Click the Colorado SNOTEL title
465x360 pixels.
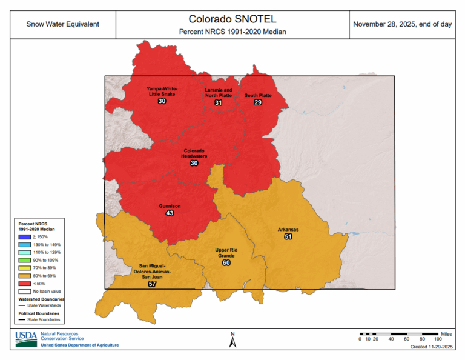pos(232,19)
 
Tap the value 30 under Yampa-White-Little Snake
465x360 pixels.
pos(162,101)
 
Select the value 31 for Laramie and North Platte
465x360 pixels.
pos(218,103)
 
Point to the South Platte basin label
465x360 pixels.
pos(258,96)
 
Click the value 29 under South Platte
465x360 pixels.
pos(258,102)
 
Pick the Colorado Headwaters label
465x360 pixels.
pos(194,153)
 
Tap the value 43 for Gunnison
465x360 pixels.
pos(170,213)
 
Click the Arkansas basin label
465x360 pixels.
pos(288,230)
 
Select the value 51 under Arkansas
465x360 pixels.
pos(288,236)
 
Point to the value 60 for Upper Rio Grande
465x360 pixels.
pos(226,262)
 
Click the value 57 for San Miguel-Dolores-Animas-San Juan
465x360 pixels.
pos(152,284)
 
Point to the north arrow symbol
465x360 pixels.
pos(232,341)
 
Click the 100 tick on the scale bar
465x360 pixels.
pos(438,339)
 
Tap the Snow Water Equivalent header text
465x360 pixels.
pos(63,24)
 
